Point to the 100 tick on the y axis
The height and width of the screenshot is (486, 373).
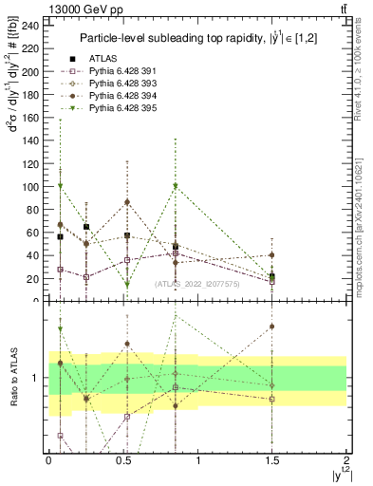[x=30, y=187]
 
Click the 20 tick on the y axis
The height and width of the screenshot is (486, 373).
[x=33, y=279]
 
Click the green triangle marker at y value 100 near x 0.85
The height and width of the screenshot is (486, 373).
[x=176, y=186]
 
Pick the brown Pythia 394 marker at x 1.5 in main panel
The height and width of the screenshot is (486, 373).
[x=272, y=255]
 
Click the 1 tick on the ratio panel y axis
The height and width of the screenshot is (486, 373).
[x=37, y=379]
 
